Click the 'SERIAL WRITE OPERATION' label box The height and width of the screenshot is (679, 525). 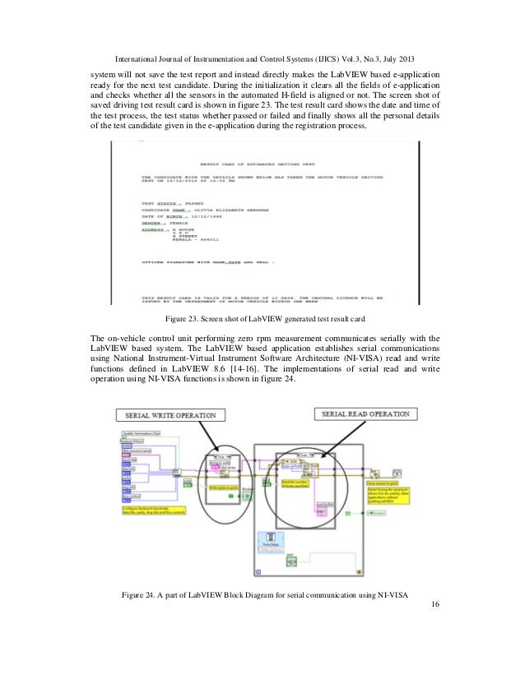point(168,414)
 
